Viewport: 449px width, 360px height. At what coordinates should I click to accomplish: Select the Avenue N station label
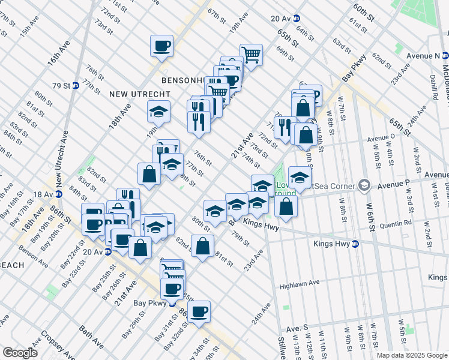(423, 56)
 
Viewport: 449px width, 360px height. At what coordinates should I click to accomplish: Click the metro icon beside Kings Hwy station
(355, 244)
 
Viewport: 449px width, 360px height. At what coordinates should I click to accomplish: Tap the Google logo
(20, 353)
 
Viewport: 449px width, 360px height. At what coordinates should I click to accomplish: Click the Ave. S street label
(297, 329)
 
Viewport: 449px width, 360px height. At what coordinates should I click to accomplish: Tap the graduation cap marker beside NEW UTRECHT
(158, 112)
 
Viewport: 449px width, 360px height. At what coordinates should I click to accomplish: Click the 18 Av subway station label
(43, 194)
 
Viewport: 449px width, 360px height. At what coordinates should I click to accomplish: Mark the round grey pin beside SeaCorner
(363, 184)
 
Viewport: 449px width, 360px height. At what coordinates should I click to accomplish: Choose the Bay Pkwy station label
(152, 304)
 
